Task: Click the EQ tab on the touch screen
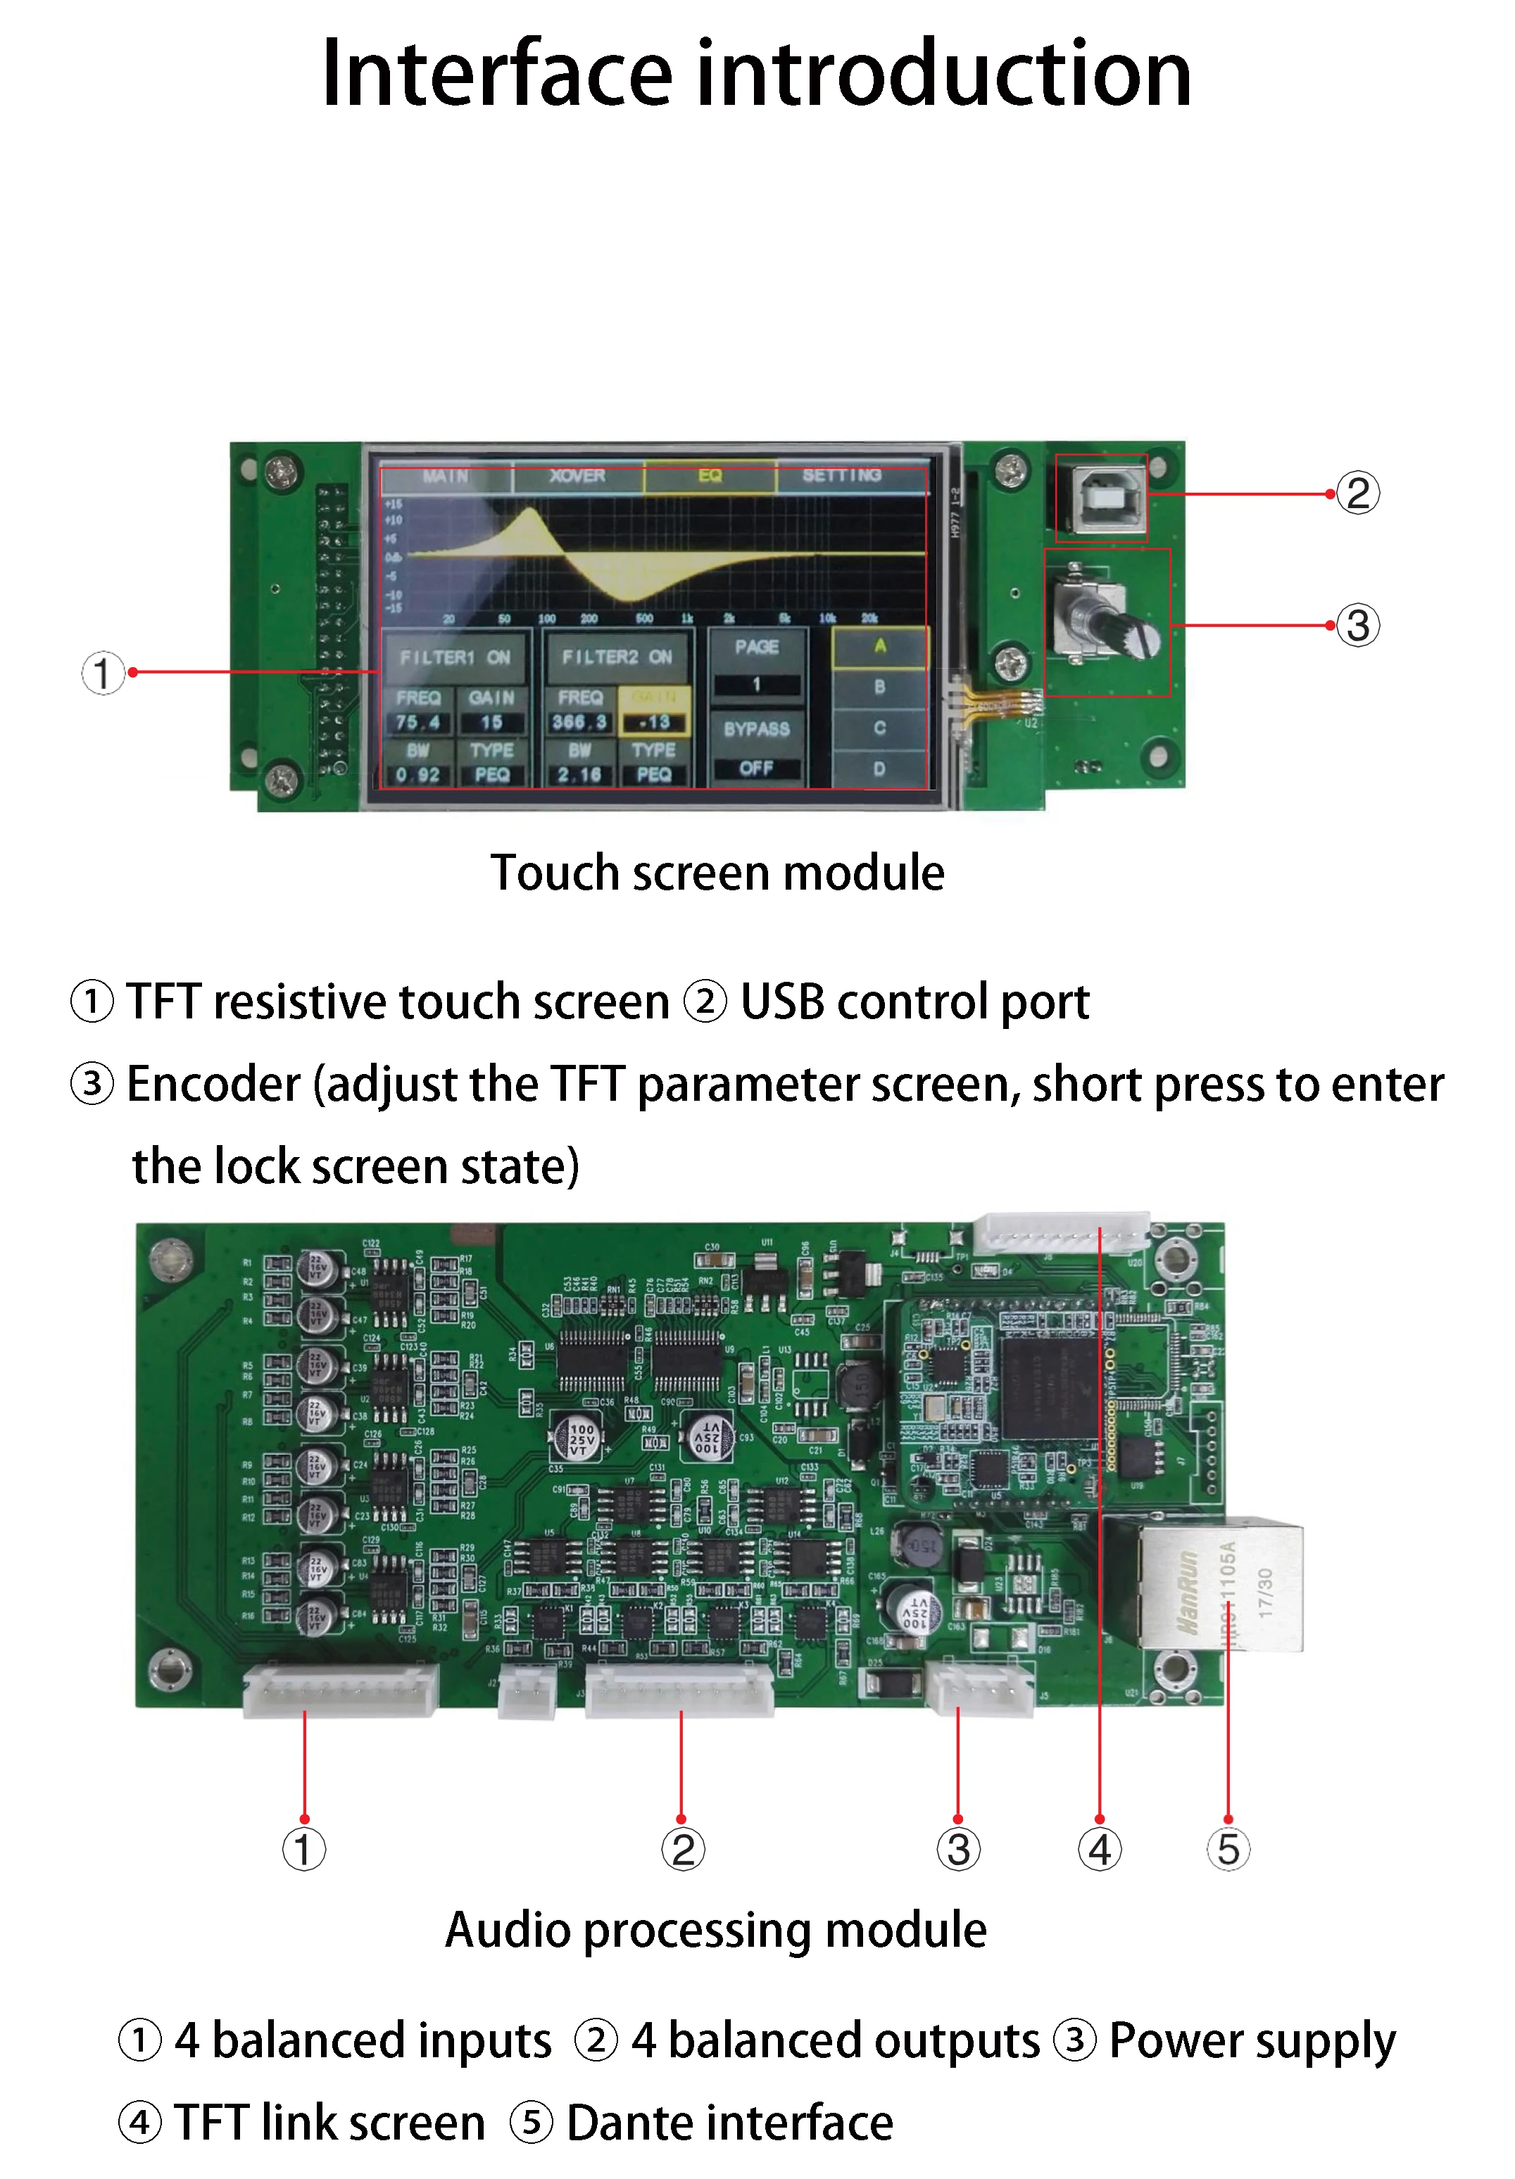(x=710, y=476)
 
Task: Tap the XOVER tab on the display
(x=577, y=476)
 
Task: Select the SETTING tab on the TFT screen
(x=842, y=476)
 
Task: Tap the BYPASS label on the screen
(x=757, y=729)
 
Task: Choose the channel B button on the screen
(x=880, y=686)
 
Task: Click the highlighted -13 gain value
(x=655, y=722)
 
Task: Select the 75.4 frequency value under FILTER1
(x=417, y=722)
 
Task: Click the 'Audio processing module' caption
(x=716, y=1929)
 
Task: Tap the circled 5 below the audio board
(x=1228, y=1850)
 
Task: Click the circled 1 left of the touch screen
(x=103, y=673)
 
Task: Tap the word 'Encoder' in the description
(x=213, y=1084)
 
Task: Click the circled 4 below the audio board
(x=1100, y=1850)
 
